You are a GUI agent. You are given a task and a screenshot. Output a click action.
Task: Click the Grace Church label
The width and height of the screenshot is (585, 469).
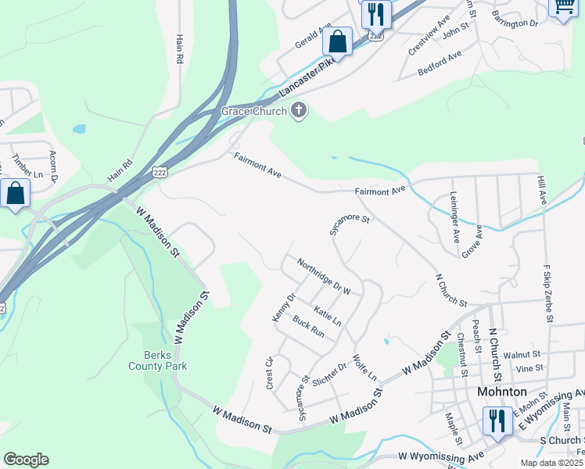pos(253,112)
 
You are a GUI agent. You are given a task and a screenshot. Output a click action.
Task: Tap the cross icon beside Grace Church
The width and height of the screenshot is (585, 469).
pos(298,112)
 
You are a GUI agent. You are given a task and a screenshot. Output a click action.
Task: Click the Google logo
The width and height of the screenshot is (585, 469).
pos(26,460)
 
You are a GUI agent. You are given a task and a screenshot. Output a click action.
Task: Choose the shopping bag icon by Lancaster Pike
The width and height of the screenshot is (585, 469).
pos(338,42)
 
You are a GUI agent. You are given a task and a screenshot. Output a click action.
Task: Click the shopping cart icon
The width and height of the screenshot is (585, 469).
pos(562,7)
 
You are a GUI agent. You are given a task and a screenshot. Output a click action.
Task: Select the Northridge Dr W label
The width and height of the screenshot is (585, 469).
pos(323,275)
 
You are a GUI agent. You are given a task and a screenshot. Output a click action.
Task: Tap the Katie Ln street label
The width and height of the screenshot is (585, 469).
pos(328,317)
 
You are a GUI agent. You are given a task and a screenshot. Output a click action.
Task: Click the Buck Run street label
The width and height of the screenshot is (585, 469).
pos(308,326)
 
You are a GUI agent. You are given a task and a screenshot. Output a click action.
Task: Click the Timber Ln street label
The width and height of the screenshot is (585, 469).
pos(23,170)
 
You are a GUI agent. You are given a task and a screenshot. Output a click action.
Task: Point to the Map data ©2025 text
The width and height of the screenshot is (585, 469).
pos(551,463)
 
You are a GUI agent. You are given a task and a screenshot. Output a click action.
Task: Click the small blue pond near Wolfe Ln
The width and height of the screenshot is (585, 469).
pos(386,341)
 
